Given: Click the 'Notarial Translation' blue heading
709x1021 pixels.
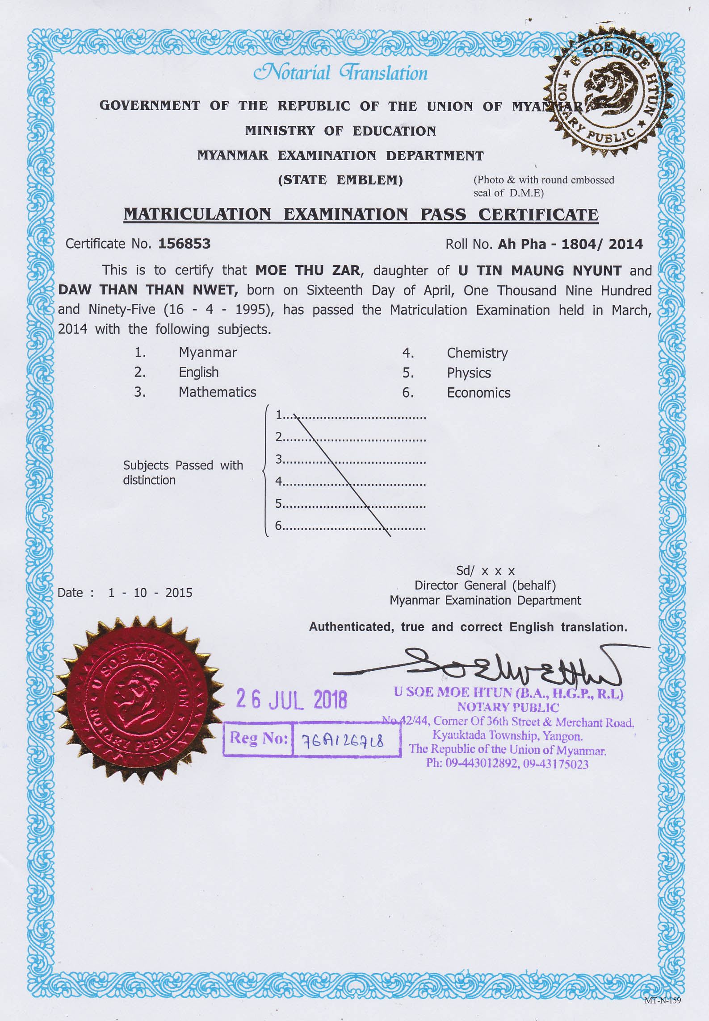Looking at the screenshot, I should [x=340, y=73].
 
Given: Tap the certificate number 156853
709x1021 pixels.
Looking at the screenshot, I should [x=184, y=244].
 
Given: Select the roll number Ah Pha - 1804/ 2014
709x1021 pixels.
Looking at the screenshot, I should [x=570, y=244].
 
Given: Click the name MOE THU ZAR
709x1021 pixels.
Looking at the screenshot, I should [x=307, y=270].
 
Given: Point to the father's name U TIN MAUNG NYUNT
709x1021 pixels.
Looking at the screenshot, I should [x=540, y=270].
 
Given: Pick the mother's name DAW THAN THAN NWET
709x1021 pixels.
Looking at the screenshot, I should [x=148, y=290].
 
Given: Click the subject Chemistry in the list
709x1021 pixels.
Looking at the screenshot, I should [x=477, y=353].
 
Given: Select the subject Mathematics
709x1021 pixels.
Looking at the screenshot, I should [x=217, y=392].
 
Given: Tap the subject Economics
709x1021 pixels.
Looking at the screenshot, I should [x=478, y=393].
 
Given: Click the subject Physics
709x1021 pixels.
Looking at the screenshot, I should [x=469, y=373].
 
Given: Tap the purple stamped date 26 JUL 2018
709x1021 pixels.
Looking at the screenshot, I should [x=291, y=699].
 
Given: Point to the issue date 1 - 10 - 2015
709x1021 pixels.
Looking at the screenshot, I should [x=150, y=593].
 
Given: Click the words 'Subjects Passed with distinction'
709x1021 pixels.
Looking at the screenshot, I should [x=183, y=472].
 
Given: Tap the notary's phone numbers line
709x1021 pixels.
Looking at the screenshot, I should [x=507, y=764].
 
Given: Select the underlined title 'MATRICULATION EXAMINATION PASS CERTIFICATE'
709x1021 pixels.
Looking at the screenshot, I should [x=361, y=214].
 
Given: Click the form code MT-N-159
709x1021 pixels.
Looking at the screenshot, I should [x=662, y=1000].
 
